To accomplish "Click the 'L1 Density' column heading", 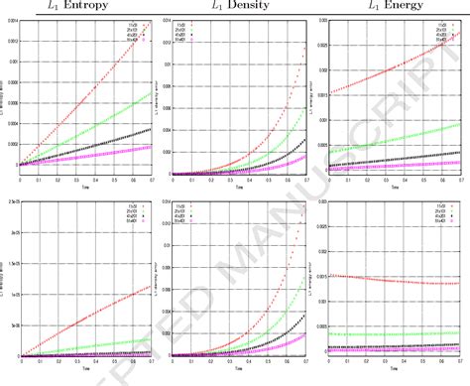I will [x=234, y=7].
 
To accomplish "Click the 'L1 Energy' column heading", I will [x=390, y=7].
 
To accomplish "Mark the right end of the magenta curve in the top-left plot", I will [x=151, y=146].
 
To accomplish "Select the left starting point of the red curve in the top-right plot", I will [x=330, y=93].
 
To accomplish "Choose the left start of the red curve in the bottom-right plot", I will [x=330, y=275].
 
